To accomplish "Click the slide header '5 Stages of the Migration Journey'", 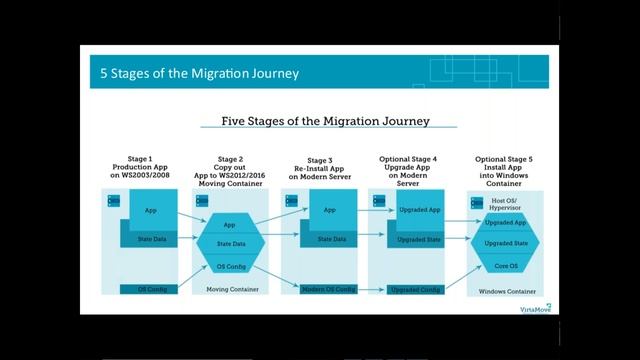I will click(x=199, y=73).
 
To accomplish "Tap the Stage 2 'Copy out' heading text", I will click(x=230, y=169).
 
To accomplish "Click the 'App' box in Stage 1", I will click(x=150, y=211).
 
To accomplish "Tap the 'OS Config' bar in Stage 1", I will click(x=149, y=289).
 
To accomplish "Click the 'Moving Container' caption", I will click(x=232, y=289).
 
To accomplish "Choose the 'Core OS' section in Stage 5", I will click(x=506, y=265).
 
